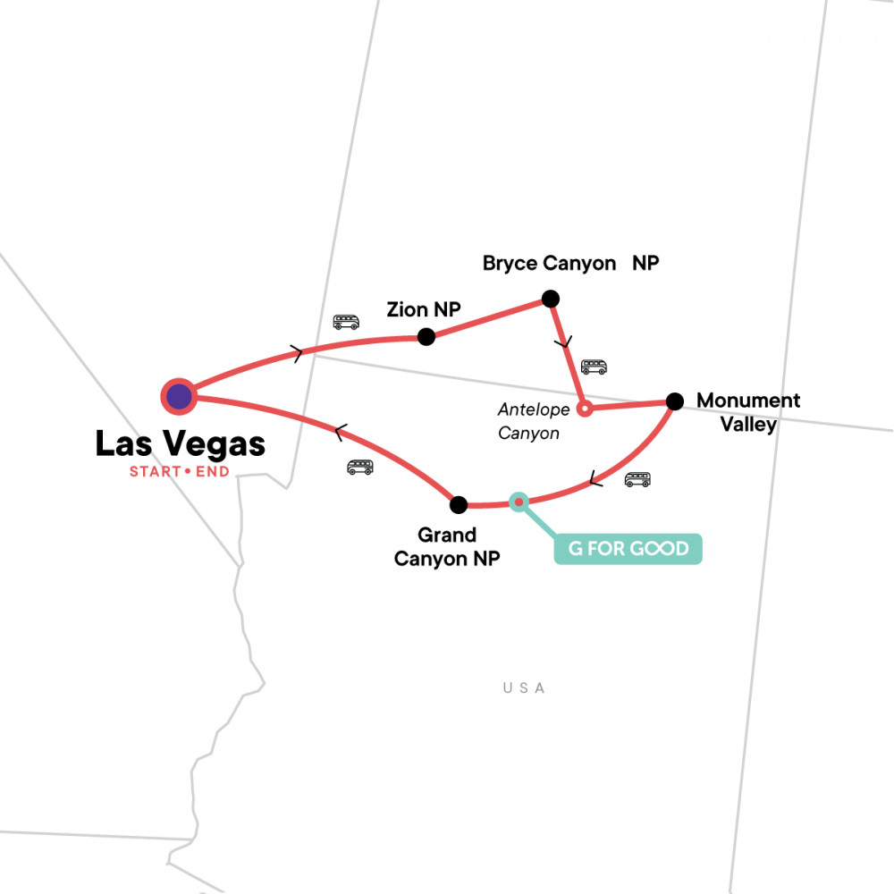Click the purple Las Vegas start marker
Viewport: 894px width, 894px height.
pyautogui.click(x=179, y=395)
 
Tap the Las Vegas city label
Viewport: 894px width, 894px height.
pyautogui.click(x=180, y=443)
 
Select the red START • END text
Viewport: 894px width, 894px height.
pyautogui.click(x=179, y=471)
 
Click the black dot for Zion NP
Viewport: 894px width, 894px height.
pyautogui.click(x=426, y=337)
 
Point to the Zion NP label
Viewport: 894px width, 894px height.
pyautogui.click(x=423, y=310)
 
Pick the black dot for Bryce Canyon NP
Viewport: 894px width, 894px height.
pyautogui.click(x=551, y=299)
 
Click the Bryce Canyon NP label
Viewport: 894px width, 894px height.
pyautogui.click(x=570, y=264)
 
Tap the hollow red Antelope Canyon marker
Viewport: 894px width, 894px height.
pyautogui.click(x=584, y=409)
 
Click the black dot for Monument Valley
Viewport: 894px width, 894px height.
pyautogui.click(x=675, y=401)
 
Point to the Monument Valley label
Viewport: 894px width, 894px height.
pyautogui.click(x=748, y=412)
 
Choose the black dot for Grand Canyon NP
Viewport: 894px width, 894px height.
pyautogui.click(x=459, y=505)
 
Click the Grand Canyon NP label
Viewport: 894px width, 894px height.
pyautogui.click(x=459, y=547)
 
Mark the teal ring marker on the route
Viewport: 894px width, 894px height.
pyautogui.click(x=518, y=502)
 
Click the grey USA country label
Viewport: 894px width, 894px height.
pyautogui.click(x=524, y=688)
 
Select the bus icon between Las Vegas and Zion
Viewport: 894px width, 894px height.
pyautogui.click(x=346, y=322)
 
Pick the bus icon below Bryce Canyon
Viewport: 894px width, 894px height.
pyautogui.click(x=594, y=367)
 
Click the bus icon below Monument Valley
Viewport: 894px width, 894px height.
pyautogui.click(x=637, y=479)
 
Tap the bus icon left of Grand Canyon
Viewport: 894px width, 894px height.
pyautogui.click(x=360, y=467)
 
